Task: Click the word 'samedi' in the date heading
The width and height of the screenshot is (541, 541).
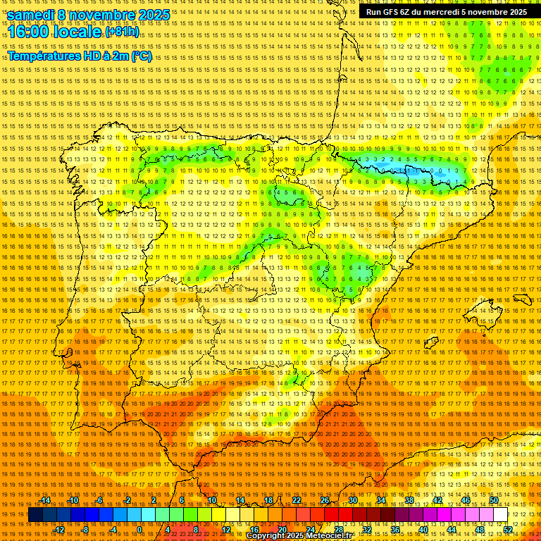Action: coord(31,15)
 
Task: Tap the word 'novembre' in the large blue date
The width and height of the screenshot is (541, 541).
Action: coord(103,15)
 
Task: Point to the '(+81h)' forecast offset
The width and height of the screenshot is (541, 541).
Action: coord(122,32)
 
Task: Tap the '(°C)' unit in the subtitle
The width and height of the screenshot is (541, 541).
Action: coord(141,56)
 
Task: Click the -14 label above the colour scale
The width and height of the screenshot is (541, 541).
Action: coord(45,500)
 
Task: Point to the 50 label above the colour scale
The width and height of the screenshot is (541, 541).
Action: coord(494,500)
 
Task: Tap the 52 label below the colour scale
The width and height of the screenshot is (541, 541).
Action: coord(508,530)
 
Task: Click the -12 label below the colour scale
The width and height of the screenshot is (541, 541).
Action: coord(59,530)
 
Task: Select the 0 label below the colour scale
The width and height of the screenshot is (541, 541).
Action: coord(140,530)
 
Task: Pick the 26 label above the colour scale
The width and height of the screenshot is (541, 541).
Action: coord(325,500)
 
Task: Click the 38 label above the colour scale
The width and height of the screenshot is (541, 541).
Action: coord(409,500)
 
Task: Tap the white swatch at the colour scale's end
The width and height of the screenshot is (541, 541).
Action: coord(501,515)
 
